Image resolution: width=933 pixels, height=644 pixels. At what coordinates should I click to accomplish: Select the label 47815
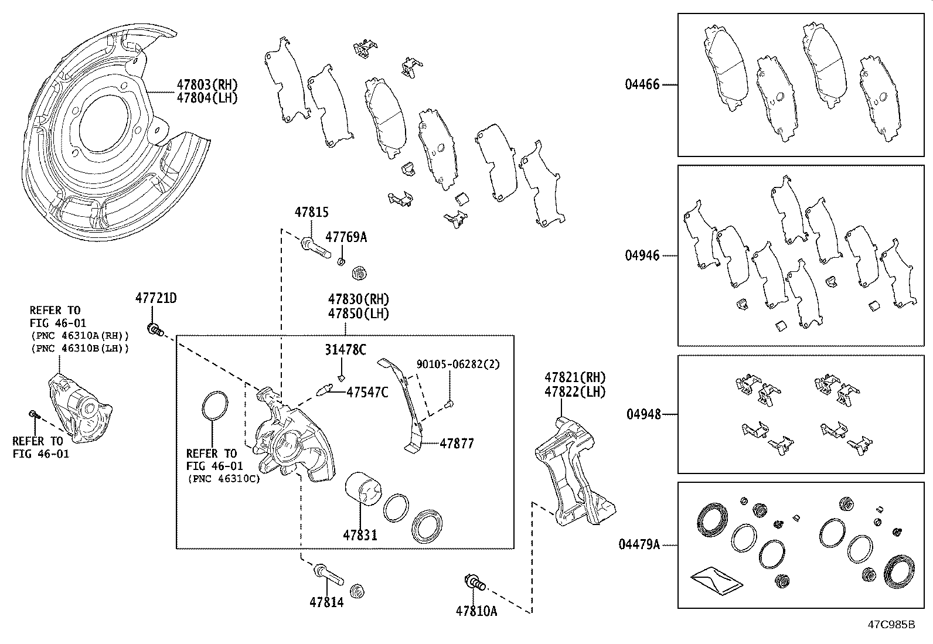click(311, 213)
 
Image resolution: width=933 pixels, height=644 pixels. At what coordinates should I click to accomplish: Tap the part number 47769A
click(346, 237)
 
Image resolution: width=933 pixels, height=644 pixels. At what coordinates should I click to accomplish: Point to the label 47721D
click(156, 298)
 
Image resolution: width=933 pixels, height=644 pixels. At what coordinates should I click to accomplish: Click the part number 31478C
click(345, 350)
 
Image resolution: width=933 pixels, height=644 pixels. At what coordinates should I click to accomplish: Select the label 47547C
click(367, 393)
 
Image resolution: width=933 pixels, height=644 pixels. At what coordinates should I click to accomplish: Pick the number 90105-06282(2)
click(458, 364)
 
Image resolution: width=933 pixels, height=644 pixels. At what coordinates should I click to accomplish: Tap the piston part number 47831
click(360, 535)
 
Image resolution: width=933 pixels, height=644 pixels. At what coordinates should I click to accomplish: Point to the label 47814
click(326, 602)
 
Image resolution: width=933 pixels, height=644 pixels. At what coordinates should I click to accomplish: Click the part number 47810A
click(476, 611)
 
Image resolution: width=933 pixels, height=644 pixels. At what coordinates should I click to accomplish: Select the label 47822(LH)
click(574, 393)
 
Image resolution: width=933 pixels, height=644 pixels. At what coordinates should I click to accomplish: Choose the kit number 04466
click(642, 85)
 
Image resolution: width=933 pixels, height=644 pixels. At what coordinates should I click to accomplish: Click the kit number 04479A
click(639, 545)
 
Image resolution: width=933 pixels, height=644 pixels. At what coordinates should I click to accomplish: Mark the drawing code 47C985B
click(891, 624)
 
